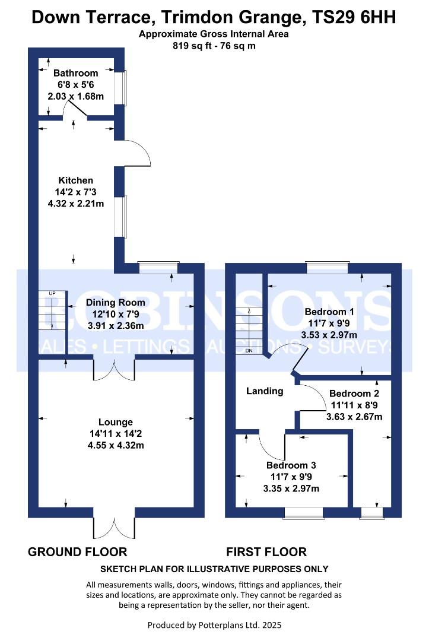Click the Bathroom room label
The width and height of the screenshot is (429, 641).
(75, 73)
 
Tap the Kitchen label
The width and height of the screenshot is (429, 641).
(75, 180)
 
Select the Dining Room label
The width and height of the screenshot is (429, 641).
(115, 303)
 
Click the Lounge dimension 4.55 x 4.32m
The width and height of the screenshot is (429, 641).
(116, 445)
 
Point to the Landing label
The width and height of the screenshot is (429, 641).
(265, 391)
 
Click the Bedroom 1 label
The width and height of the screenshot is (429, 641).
(329, 312)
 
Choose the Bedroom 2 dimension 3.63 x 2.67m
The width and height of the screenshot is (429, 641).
(354, 417)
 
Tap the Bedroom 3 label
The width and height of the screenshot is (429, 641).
(291, 465)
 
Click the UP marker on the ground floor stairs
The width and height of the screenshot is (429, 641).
(52, 293)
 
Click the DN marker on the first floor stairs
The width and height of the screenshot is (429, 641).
(249, 351)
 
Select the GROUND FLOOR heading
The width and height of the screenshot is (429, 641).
(77, 552)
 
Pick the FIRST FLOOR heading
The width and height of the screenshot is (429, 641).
(266, 552)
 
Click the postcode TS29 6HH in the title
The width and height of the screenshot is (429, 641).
(354, 17)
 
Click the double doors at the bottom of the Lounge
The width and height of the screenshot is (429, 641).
(114, 528)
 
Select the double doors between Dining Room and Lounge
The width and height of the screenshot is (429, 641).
(114, 370)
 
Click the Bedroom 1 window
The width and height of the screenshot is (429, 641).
(328, 267)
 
